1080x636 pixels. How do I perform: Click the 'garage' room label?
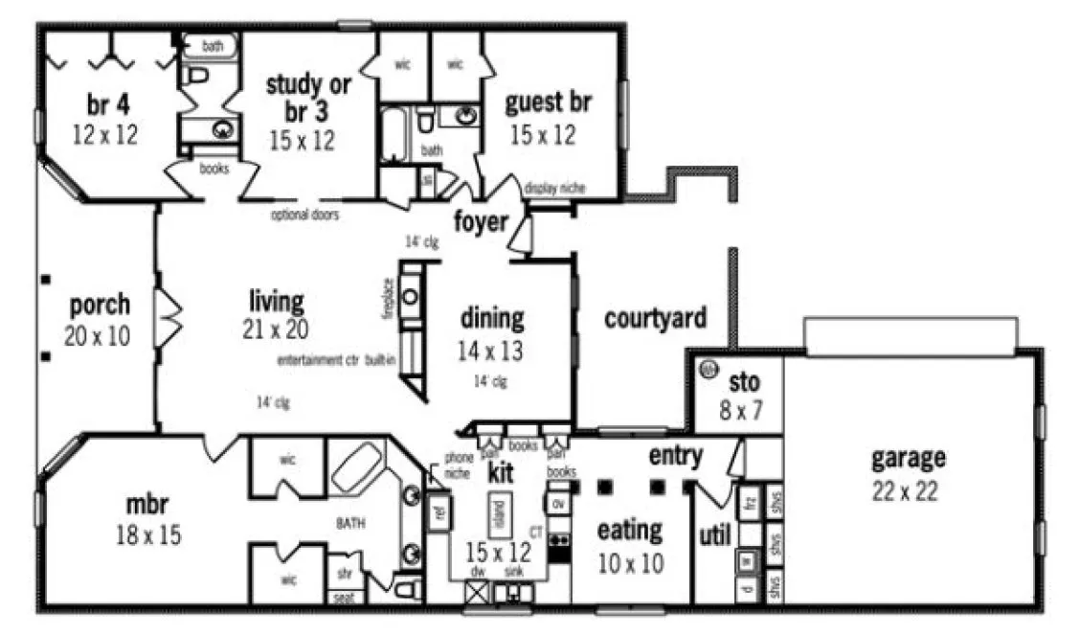[x=908, y=459]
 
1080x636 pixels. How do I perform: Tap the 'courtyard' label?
[x=655, y=319]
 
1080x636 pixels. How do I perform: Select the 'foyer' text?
[x=481, y=222]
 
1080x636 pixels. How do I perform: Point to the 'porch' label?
[x=100, y=306]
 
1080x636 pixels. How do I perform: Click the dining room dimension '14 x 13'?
[x=490, y=352]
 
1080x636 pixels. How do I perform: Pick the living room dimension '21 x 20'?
[x=276, y=331]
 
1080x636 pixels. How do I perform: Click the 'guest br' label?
[x=548, y=102]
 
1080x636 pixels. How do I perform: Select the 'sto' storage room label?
[x=745, y=383]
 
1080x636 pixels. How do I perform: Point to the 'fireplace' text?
[x=388, y=299]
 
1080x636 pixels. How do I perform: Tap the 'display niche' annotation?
[x=554, y=189]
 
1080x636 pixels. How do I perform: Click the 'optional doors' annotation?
[x=304, y=216]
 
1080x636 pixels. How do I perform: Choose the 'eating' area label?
[x=629, y=530]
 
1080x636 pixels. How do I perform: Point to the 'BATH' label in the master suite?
[x=351, y=523]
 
